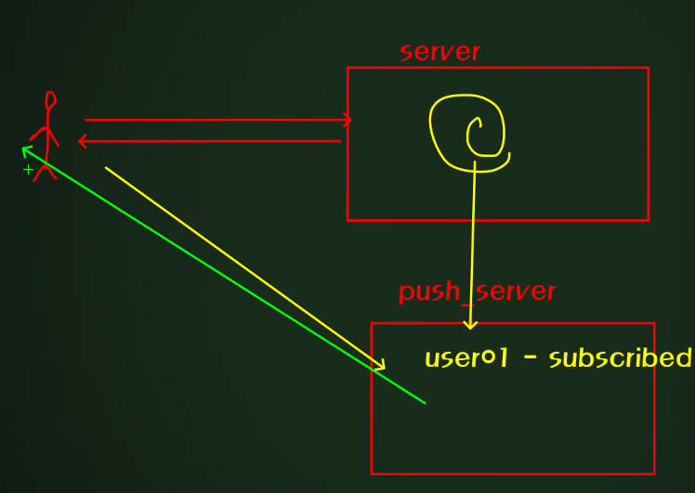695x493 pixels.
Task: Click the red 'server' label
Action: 439,52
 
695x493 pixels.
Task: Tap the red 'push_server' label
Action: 477,292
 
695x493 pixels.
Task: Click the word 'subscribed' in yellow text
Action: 620,358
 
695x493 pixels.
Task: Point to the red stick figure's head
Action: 50,100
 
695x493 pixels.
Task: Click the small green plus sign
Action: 28,170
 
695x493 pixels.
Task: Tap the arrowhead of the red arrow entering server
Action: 347,120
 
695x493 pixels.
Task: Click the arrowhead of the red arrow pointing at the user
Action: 82,141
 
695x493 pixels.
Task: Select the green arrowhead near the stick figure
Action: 27,149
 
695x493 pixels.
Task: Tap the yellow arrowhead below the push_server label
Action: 470,324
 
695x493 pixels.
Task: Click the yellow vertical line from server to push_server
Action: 473,241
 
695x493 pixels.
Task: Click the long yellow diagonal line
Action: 242,266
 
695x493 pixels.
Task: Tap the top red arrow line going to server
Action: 214,120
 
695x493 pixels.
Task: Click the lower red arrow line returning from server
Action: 214,141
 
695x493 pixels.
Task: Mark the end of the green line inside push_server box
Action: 424,402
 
